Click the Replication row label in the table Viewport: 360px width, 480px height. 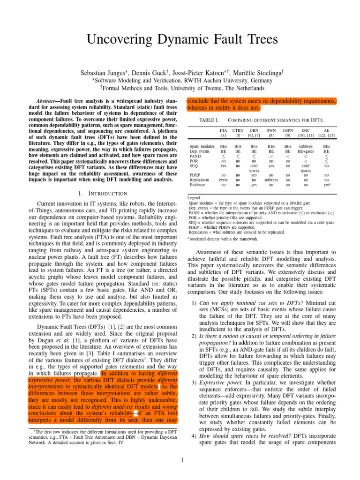(x=200, y=179)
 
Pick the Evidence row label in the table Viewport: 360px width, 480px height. (x=198, y=185)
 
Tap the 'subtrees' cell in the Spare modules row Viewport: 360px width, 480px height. (x=306, y=146)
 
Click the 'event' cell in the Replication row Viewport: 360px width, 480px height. (x=224, y=179)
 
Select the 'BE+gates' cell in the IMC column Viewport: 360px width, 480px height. (x=306, y=152)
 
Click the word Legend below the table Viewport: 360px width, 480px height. (x=195, y=198)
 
